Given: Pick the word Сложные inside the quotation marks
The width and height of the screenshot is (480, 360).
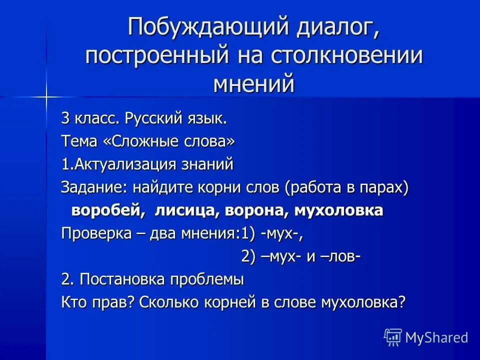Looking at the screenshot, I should [x=141, y=142].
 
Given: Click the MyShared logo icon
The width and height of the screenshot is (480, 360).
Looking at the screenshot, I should [x=393, y=337].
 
